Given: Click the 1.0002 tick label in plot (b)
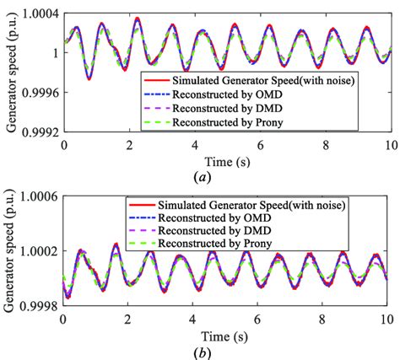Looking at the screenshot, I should pos(39,251).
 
